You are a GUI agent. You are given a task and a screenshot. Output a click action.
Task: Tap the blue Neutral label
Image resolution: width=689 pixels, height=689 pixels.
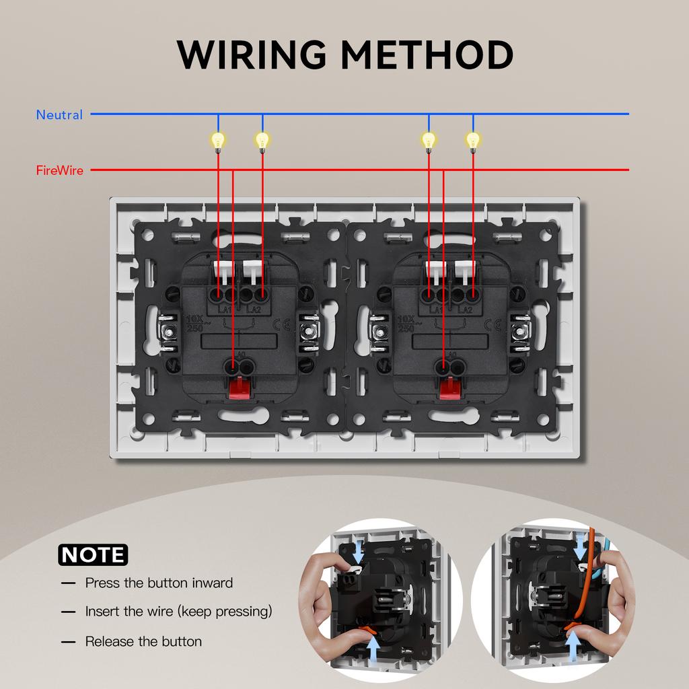(59, 115)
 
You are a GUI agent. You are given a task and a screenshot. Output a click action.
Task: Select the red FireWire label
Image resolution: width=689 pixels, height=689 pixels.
(59, 170)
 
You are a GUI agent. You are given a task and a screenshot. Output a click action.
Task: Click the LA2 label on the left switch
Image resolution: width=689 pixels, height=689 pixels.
(254, 309)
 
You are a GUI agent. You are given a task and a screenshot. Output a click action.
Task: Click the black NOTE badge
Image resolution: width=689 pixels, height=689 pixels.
(93, 555)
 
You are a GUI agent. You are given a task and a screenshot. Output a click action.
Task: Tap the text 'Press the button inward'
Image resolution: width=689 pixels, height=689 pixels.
(159, 583)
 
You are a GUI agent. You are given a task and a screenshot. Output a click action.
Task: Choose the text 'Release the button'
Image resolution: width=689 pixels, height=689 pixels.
(143, 642)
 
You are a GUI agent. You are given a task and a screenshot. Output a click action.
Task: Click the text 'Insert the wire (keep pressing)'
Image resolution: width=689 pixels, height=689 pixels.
(178, 612)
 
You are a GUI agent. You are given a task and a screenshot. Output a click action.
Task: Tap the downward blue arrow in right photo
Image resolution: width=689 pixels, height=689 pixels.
(580, 550)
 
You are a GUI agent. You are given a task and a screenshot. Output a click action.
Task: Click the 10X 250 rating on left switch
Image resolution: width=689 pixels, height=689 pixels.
(193, 324)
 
